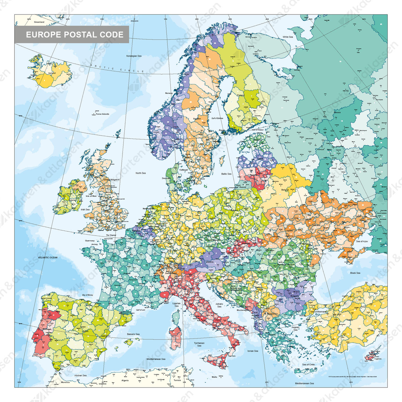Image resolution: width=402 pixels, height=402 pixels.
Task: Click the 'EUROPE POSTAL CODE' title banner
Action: [x=72, y=35]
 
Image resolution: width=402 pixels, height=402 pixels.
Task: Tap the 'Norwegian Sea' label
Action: [x=134, y=56]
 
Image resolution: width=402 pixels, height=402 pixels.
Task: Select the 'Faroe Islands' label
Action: [x=102, y=114]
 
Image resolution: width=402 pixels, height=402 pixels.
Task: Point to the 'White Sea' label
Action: [x=288, y=37]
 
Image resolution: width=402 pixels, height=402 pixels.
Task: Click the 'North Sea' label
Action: [x=140, y=173]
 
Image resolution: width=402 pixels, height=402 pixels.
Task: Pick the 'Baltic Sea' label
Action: [x=226, y=174]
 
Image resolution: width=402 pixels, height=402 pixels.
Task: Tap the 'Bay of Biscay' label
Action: [x=88, y=295]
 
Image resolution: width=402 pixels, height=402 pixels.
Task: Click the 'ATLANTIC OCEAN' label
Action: [x=48, y=258]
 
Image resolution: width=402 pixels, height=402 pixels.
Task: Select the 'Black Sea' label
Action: [x=355, y=273]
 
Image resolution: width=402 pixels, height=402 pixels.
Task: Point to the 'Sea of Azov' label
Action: [x=362, y=241]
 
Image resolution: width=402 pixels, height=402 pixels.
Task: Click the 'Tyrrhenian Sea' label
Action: [x=199, y=344]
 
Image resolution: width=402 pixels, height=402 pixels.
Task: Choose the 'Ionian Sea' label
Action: [x=252, y=351]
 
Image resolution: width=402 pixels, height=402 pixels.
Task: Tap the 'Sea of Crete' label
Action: [x=308, y=364]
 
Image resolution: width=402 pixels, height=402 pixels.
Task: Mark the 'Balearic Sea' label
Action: [x=133, y=334]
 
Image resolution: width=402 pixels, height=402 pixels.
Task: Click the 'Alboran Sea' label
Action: [x=80, y=375]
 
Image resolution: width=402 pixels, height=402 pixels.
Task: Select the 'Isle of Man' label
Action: [x=91, y=196]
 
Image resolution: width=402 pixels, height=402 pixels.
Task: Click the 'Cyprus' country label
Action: [x=378, y=359]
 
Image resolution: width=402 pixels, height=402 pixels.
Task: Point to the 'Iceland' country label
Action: [x=52, y=73]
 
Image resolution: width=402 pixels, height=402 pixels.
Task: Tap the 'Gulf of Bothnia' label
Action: [x=217, y=118]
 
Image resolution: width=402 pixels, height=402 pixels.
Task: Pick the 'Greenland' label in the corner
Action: [x=39, y=22]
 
